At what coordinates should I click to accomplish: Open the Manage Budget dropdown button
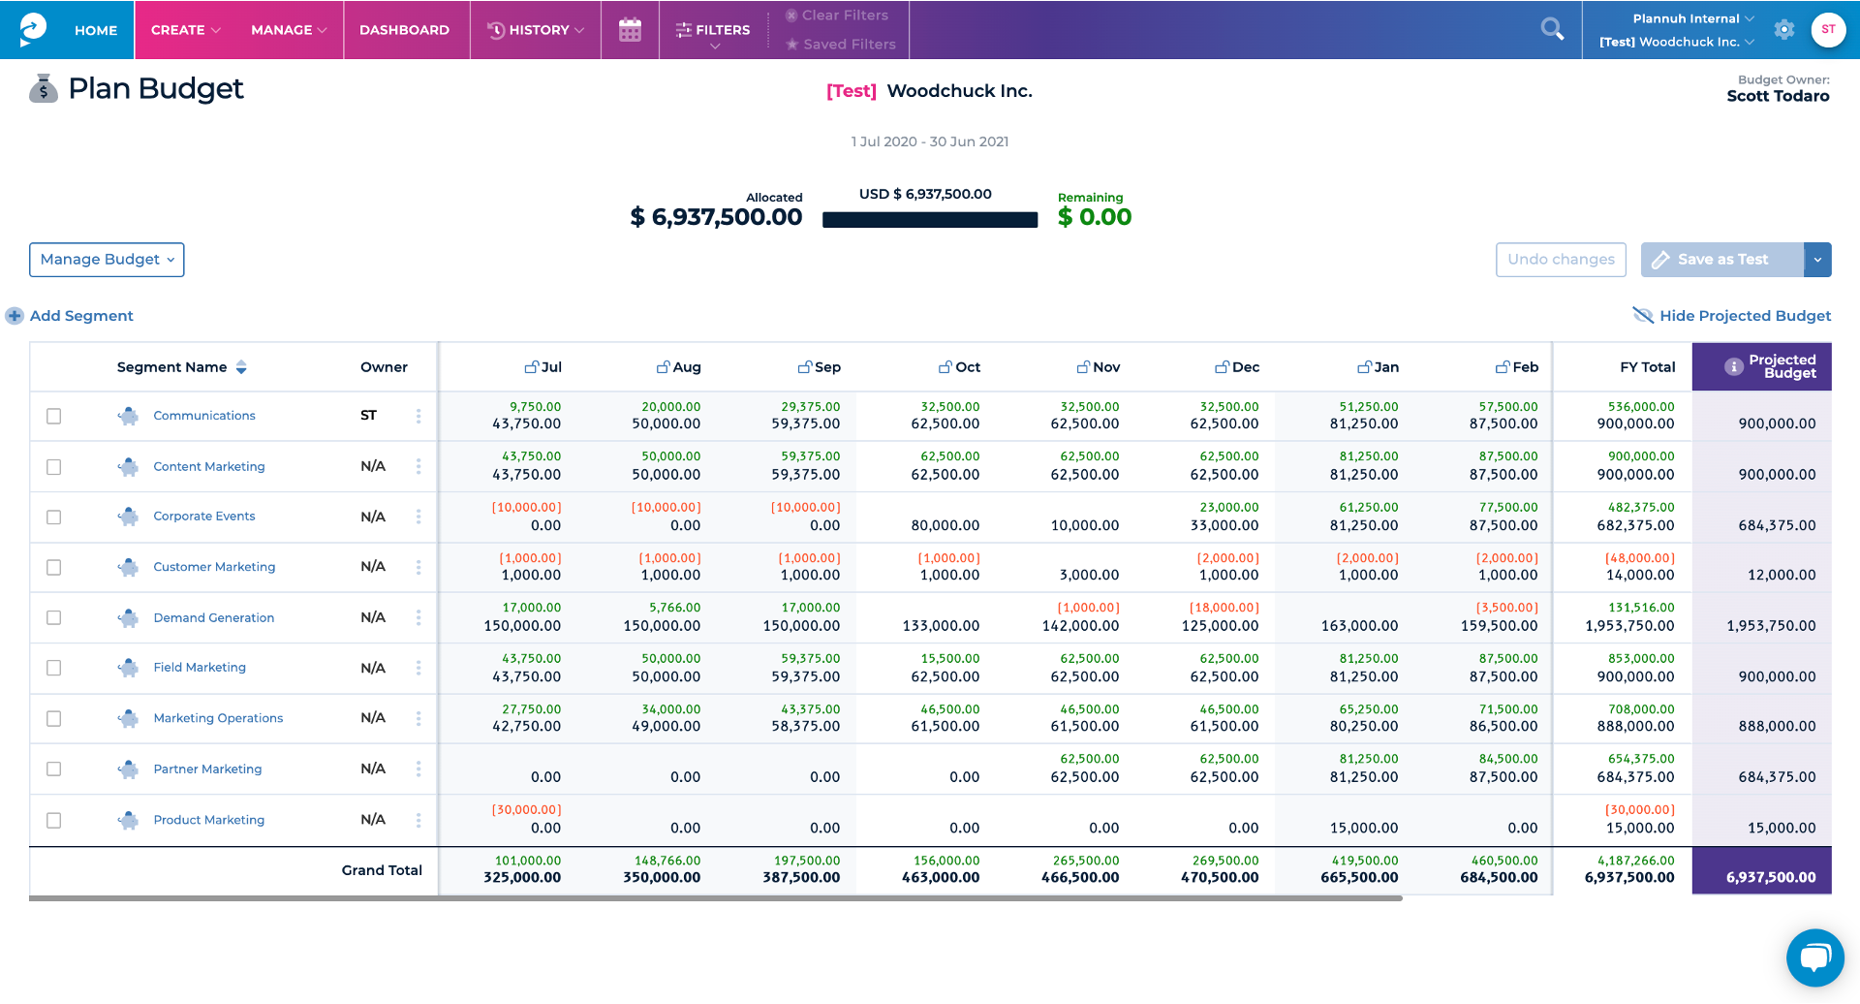point(107,260)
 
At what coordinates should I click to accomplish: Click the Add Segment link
point(81,316)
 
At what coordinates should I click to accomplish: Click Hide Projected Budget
point(1744,316)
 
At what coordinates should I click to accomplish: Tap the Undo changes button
point(1561,260)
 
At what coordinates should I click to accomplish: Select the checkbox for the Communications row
point(54,416)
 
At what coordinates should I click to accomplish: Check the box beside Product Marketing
point(54,820)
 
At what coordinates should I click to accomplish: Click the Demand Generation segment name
point(214,617)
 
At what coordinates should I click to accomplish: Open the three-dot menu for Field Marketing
point(418,668)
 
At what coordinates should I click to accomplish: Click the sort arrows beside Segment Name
point(241,367)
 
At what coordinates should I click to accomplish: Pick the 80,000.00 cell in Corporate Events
point(945,525)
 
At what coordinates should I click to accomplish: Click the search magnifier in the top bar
point(1552,29)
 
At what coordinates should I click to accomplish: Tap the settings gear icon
point(1783,29)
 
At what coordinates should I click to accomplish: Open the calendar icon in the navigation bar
point(630,30)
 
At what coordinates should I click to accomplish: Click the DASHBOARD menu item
point(404,30)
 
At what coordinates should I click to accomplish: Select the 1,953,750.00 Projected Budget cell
point(1771,626)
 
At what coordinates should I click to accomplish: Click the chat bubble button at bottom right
point(1814,957)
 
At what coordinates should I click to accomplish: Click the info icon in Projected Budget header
point(1734,366)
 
